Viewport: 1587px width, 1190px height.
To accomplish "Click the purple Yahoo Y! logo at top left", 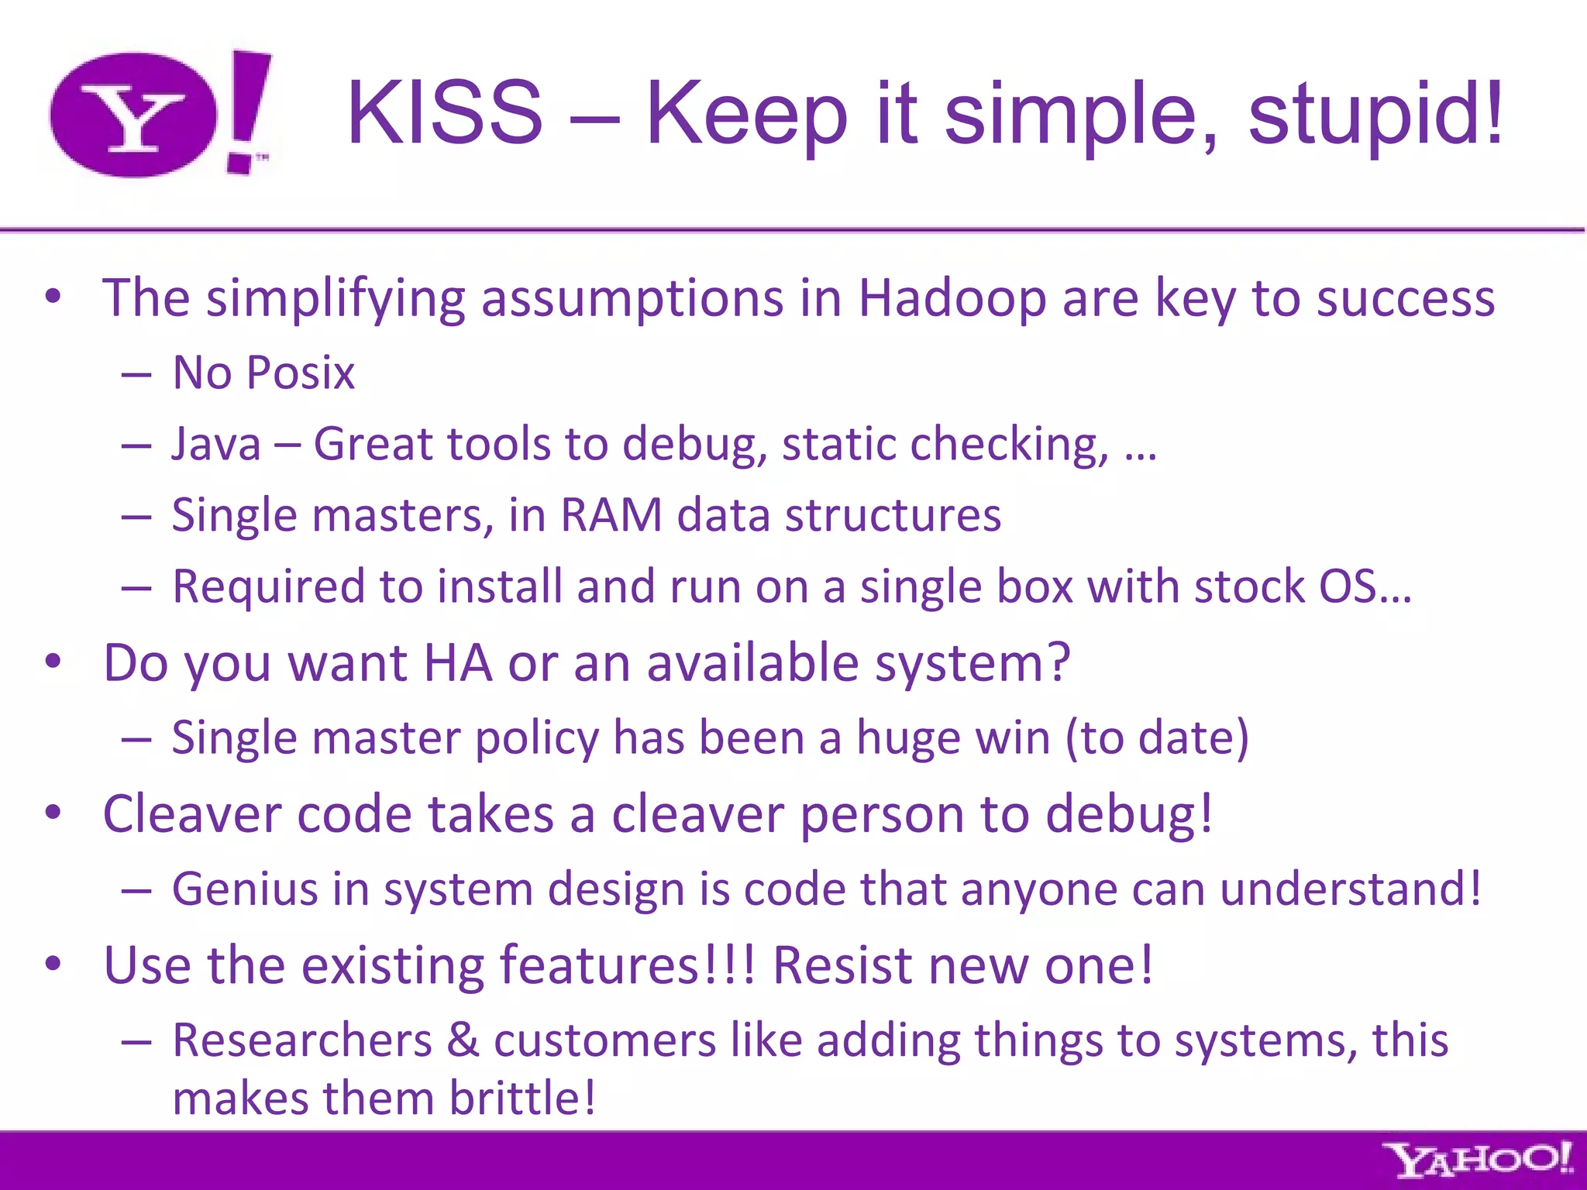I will (159, 113).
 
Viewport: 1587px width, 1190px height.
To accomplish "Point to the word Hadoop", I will (952, 298).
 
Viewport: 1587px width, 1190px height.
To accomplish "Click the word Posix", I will (300, 373).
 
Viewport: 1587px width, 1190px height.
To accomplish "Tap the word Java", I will (215, 445).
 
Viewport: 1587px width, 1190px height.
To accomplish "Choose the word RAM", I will (611, 515).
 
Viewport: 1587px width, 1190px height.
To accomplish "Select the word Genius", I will (245, 889).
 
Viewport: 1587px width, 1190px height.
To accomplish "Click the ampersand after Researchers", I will (463, 1040).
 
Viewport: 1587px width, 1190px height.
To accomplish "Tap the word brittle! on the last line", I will (523, 1099).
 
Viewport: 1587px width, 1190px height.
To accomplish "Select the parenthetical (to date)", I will (1157, 738).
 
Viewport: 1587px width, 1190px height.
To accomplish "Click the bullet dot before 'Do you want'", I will (53, 662).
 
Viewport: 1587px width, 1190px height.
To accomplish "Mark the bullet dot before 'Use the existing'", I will (53, 964).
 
